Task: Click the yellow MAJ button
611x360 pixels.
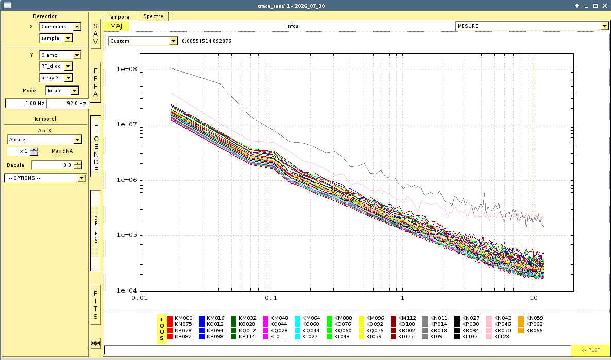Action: tap(116, 26)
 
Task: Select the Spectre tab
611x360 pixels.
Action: tap(153, 16)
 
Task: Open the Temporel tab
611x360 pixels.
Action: tap(120, 17)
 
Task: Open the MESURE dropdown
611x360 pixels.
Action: tap(532, 26)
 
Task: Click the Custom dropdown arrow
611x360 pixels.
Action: tap(174, 41)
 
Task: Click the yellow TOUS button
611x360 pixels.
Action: tap(162, 329)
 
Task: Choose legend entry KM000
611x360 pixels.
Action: tap(180, 318)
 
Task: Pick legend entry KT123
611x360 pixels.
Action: tap(498, 337)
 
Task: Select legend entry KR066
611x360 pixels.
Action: tap(530, 331)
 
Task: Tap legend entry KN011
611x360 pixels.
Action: tap(434, 318)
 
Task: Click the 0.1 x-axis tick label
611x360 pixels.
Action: tap(271, 298)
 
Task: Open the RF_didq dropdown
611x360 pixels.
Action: tap(56, 66)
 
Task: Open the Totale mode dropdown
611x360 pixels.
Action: tap(62, 91)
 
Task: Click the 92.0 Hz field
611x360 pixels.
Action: tap(67, 103)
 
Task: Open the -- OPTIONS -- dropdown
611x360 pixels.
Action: tap(45, 178)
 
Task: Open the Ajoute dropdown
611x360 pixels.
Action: tap(44, 140)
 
